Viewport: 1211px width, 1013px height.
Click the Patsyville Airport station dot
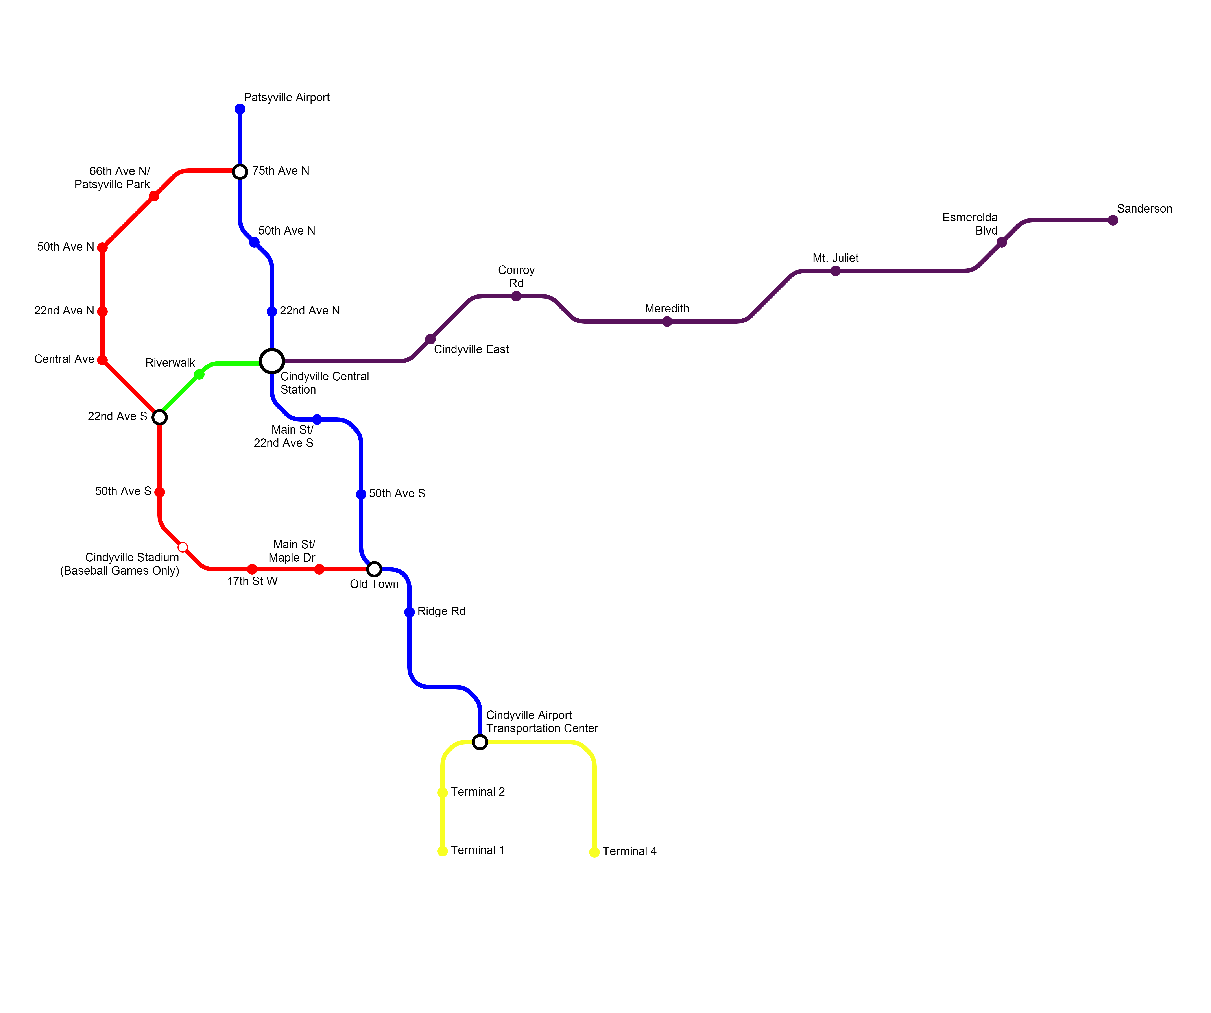240,109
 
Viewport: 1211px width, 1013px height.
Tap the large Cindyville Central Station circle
272,361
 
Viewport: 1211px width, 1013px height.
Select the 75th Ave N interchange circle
240,171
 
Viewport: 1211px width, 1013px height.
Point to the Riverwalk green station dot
199,374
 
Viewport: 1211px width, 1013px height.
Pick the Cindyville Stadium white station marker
183,547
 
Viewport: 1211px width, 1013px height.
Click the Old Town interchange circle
374,569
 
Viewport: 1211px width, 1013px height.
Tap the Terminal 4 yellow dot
594,852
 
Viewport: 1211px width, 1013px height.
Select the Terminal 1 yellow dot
442,851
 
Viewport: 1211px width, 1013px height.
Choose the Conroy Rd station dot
516,296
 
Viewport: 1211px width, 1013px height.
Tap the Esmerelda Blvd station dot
1002,242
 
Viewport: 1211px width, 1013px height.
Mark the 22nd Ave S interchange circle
160,417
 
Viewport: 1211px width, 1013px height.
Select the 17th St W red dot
252,569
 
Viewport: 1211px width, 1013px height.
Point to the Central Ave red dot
102,360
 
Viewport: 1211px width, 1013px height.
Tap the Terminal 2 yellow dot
442,793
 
